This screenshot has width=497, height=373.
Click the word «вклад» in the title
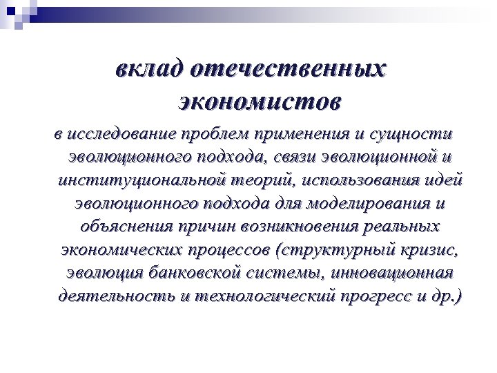click(149, 70)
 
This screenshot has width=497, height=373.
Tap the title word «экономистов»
click(259, 102)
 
